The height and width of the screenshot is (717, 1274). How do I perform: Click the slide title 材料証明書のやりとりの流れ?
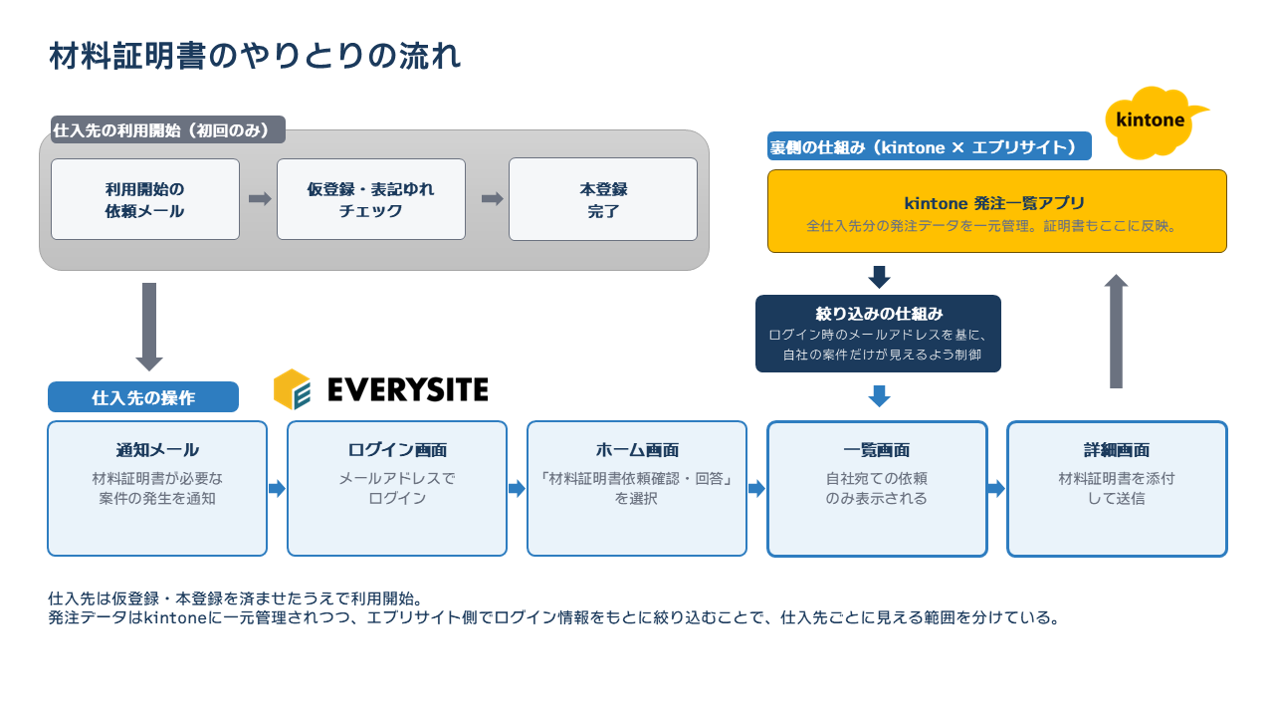tap(255, 57)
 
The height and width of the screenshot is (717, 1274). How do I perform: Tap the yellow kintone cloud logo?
tap(1154, 121)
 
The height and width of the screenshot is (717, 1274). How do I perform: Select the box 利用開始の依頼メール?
tap(145, 199)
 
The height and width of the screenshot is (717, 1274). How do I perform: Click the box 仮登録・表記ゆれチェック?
tap(371, 199)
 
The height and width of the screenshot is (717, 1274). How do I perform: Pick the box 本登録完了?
tap(603, 199)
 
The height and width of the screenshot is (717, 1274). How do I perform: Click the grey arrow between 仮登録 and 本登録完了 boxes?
tap(493, 198)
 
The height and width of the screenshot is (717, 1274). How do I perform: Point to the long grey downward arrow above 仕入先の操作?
tap(149, 327)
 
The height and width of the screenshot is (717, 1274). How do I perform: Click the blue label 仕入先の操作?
tap(143, 396)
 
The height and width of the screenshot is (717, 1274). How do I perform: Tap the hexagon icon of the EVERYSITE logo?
tap(292, 389)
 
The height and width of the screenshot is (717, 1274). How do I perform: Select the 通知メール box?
tap(157, 488)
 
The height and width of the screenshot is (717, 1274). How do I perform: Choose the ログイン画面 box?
tap(397, 488)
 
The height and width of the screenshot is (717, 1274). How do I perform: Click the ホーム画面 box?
tap(637, 488)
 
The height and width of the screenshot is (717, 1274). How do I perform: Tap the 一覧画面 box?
tap(877, 489)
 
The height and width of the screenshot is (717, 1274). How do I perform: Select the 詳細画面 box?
tap(1117, 489)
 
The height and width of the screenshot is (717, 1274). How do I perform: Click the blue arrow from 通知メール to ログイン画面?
tap(277, 488)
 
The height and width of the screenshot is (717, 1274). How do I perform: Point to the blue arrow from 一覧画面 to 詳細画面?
tap(996, 488)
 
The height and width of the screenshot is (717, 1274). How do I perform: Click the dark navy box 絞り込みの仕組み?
tap(878, 334)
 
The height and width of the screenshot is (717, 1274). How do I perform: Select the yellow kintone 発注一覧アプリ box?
tap(997, 211)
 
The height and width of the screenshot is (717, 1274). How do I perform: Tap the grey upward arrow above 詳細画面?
tap(1116, 332)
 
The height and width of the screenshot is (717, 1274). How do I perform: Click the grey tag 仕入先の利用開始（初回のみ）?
tap(168, 129)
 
